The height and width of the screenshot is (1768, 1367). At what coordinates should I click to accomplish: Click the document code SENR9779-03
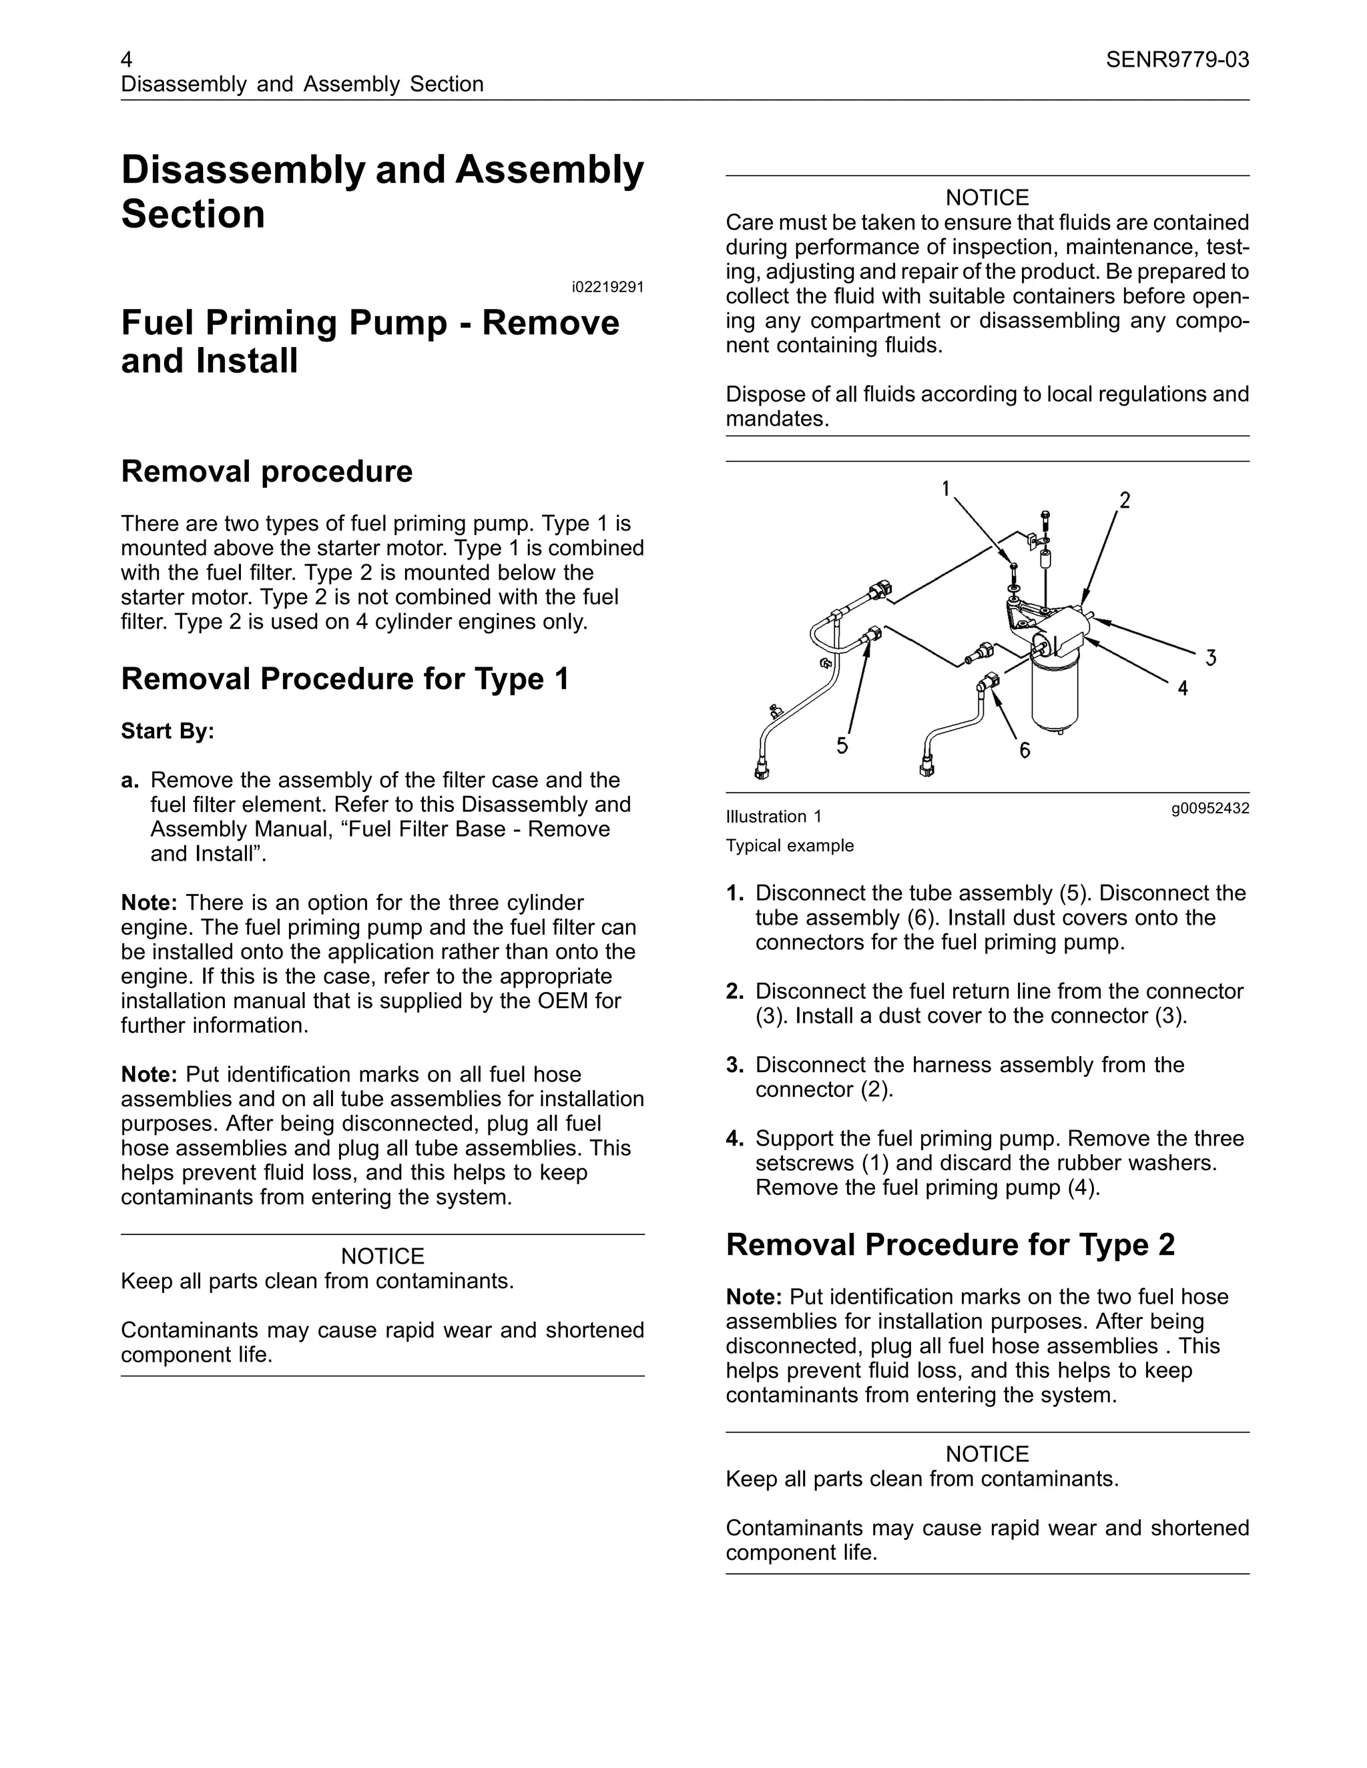tap(1177, 60)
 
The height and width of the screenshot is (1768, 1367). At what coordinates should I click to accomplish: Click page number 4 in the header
tap(127, 60)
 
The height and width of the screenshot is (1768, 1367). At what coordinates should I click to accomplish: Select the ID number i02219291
tap(607, 288)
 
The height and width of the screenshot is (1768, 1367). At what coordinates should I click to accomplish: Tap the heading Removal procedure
tap(266, 471)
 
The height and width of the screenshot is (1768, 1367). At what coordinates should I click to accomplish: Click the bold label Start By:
tap(168, 731)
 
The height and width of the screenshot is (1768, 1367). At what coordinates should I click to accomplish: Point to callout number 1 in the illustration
tap(946, 488)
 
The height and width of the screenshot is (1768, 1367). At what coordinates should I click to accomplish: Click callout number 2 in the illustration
tap(1124, 500)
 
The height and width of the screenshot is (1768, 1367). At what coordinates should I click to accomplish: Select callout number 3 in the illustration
tap(1211, 657)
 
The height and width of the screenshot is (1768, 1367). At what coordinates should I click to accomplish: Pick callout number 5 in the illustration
tap(842, 745)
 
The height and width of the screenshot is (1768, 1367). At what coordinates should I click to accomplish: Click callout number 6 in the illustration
tap(1025, 751)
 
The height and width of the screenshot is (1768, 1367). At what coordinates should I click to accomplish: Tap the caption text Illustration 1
tap(774, 817)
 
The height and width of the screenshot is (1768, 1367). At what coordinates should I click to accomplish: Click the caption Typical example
tap(790, 846)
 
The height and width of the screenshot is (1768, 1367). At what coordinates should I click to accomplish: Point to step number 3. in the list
tap(734, 1065)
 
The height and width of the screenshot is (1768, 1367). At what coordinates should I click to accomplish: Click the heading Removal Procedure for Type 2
tap(950, 1245)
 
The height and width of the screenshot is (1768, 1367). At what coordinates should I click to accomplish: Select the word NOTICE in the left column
tap(382, 1256)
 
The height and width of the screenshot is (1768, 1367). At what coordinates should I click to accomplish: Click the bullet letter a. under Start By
tap(129, 781)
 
